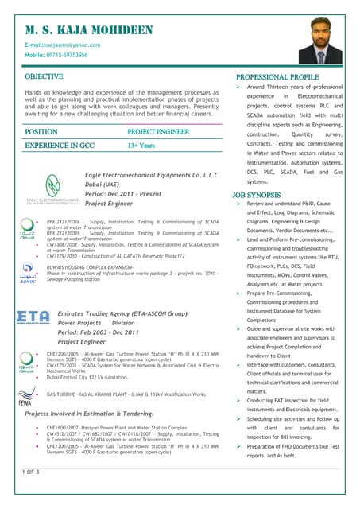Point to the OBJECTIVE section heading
pyautogui.click(x=44, y=76)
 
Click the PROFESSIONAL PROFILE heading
pyautogui.click(x=277, y=76)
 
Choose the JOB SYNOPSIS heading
pyautogui.click(x=257, y=194)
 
